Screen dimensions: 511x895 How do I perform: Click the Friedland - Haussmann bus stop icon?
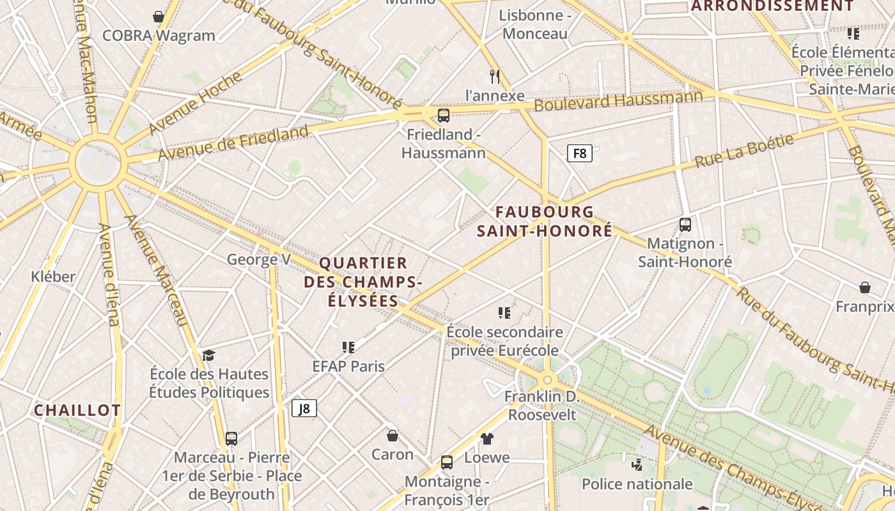pyautogui.click(x=443, y=116)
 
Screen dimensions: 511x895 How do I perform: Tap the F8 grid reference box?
pyautogui.click(x=580, y=153)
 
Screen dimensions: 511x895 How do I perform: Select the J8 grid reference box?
pyautogui.click(x=304, y=408)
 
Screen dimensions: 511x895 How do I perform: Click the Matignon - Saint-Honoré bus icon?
pyautogui.click(x=685, y=225)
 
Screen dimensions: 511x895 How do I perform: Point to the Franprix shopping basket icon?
pyautogui.click(x=865, y=287)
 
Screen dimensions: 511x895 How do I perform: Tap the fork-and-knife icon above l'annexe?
pyautogui.click(x=494, y=77)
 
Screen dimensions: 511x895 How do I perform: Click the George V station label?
pyautogui.click(x=259, y=259)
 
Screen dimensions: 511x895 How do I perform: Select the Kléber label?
pyautogui.click(x=53, y=277)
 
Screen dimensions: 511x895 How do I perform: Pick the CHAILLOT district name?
pyautogui.click(x=77, y=410)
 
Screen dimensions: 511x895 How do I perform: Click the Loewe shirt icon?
pyautogui.click(x=487, y=438)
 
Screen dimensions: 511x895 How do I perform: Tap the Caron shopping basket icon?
pyautogui.click(x=393, y=436)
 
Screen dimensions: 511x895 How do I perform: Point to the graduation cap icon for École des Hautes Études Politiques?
pyautogui.click(x=208, y=355)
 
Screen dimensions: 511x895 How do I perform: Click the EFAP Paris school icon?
pyautogui.click(x=348, y=347)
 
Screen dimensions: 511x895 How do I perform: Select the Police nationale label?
pyautogui.click(x=637, y=484)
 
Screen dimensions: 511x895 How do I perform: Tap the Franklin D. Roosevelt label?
pyautogui.click(x=542, y=406)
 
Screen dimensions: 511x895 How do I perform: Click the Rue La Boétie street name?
pyautogui.click(x=744, y=151)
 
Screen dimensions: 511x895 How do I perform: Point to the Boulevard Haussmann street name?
pyautogui.click(x=618, y=100)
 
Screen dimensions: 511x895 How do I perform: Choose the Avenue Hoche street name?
pyautogui.click(x=195, y=103)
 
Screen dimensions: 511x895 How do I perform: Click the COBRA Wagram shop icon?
pyautogui.click(x=159, y=17)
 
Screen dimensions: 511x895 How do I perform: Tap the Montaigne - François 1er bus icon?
pyautogui.click(x=447, y=462)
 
